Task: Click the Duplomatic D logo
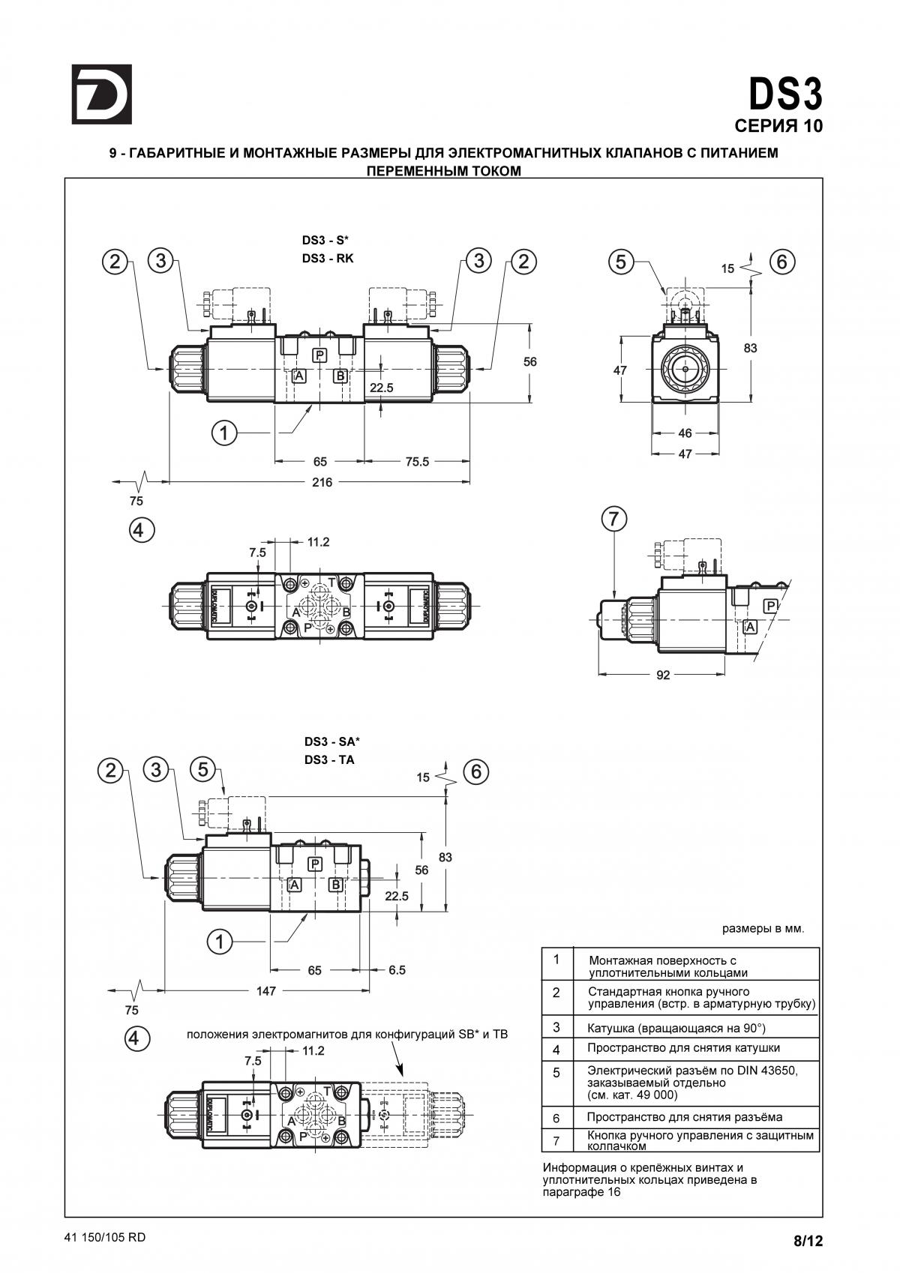tap(102, 94)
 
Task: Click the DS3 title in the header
tap(785, 94)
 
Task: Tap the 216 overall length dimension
tap(322, 482)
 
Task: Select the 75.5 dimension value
tap(417, 462)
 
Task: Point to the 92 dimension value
tap(663, 675)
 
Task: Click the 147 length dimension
tap(266, 990)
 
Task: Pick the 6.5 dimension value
tap(397, 969)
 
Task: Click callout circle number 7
tap(614, 519)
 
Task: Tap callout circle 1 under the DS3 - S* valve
tap(224, 433)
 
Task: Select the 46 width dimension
tap(685, 433)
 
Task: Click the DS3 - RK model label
tap(328, 259)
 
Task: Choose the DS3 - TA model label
tap(329, 759)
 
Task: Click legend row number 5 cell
tap(556, 1072)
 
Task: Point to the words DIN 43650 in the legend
tap(767, 1071)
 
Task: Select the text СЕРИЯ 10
tap(778, 126)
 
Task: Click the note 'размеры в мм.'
tap(763, 929)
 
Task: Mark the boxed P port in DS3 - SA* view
tap(314, 864)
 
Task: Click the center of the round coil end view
tap(685, 369)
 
